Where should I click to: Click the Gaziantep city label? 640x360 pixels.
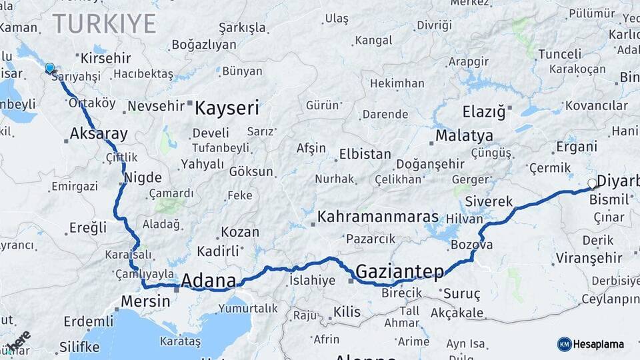(399, 271)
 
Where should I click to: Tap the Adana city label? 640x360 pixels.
(208, 279)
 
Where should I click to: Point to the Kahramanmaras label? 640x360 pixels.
(378, 217)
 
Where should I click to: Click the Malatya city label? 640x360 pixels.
(464, 136)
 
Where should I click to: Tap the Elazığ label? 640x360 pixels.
(484, 111)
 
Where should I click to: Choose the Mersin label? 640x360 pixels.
(145, 301)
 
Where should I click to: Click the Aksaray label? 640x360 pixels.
(98, 134)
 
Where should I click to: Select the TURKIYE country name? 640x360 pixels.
(105, 24)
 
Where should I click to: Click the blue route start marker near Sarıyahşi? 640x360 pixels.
(49, 68)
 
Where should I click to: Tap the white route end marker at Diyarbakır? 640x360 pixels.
(592, 183)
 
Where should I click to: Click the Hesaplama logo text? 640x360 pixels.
(599, 344)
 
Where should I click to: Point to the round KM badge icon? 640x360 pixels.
(564, 344)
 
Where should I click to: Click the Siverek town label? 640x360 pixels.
(489, 201)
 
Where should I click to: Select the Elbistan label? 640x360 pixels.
(365, 154)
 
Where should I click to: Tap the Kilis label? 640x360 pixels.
(347, 311)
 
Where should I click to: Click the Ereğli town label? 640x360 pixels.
(87, 227)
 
